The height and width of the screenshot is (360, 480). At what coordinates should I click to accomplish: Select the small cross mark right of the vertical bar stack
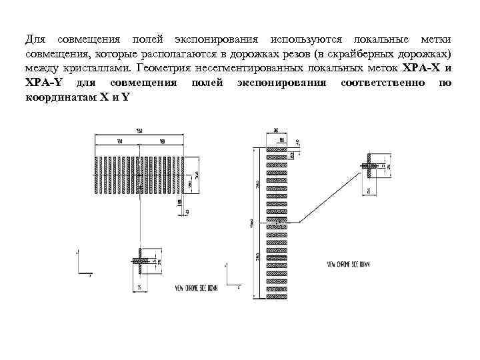click(368, 165)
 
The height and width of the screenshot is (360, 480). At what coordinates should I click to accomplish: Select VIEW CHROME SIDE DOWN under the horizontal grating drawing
click(195, 288)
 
